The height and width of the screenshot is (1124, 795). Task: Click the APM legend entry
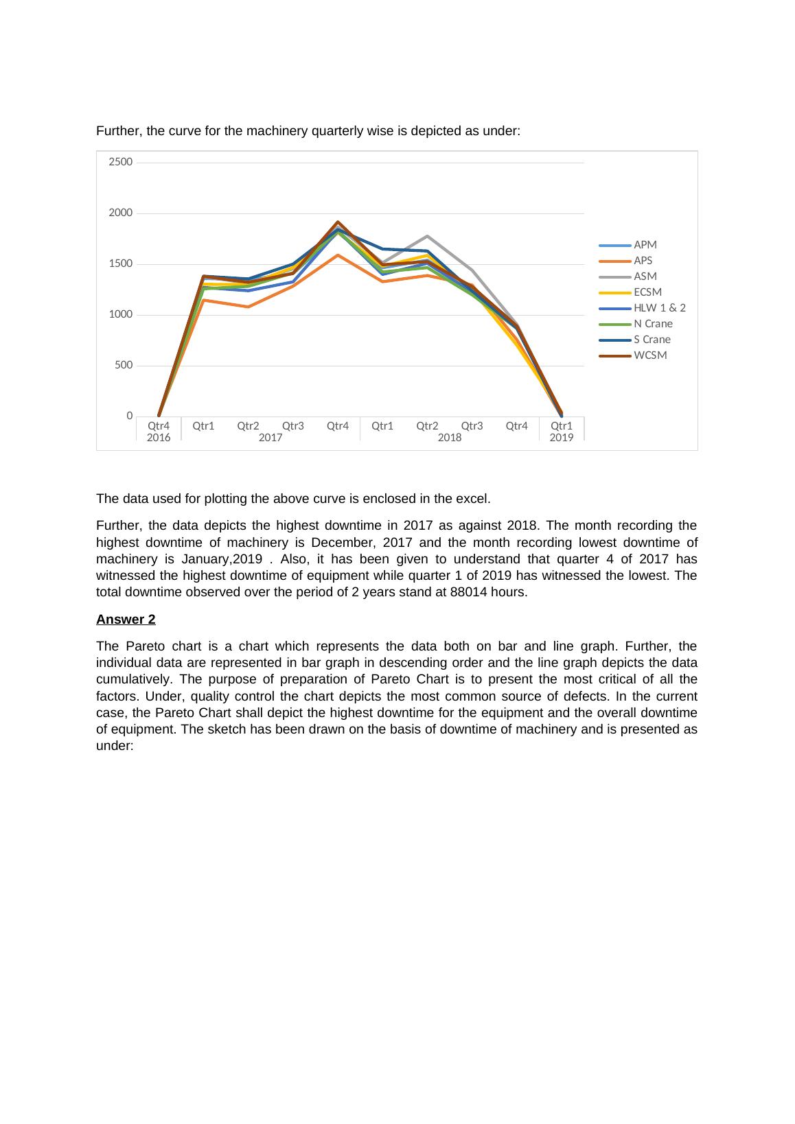tap(645, 245)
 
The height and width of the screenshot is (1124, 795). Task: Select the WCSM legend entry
tap(649, 355)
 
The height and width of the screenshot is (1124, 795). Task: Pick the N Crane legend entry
tap(652, 324)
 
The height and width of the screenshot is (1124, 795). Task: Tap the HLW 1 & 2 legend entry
tap(659, 308)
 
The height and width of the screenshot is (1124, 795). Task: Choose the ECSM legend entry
tap(647, 292)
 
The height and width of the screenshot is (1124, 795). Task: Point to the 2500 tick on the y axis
tap(121, 163)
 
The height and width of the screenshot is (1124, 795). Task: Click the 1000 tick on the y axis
tap(121, 315)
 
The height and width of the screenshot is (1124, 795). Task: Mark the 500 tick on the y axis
tap(124, 366)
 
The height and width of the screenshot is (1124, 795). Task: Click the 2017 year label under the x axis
tap(270, 438)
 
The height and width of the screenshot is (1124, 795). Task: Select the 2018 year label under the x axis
tap(450, 438)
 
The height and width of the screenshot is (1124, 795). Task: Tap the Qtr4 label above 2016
tap(159, 426)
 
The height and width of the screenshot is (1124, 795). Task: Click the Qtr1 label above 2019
tap(562, 426)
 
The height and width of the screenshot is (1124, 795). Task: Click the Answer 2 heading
tap(126, 620)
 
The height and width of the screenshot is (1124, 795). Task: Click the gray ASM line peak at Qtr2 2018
tap(427, 236)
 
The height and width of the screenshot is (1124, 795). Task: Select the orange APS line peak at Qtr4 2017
tap(338, 255)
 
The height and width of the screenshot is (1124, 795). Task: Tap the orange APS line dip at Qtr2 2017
tap(248, 307)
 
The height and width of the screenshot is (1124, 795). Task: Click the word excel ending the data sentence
tap(474, 498)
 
